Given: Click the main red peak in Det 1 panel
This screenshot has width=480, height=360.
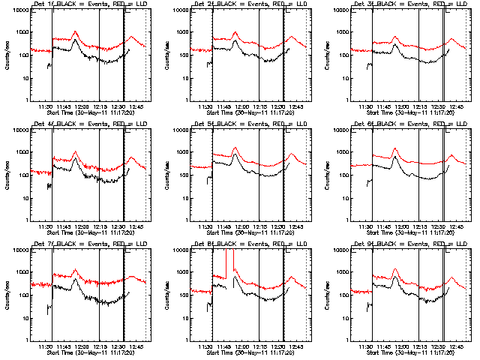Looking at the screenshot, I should click(75, 32).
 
